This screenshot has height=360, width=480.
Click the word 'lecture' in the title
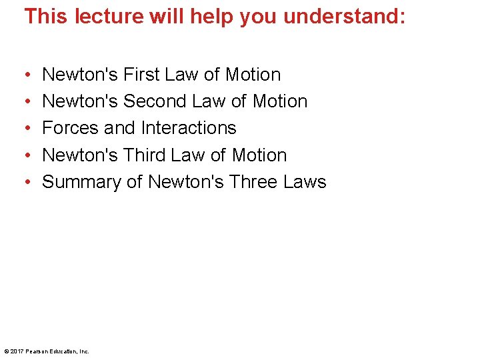107,16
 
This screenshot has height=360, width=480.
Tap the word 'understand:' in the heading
344,16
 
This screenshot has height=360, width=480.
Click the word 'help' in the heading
209,16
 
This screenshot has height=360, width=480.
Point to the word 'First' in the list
143,74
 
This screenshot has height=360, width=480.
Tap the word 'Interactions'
190,128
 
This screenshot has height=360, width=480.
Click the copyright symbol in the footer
6,351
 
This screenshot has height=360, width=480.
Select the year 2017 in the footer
16,351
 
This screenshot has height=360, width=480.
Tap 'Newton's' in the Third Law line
80,155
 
